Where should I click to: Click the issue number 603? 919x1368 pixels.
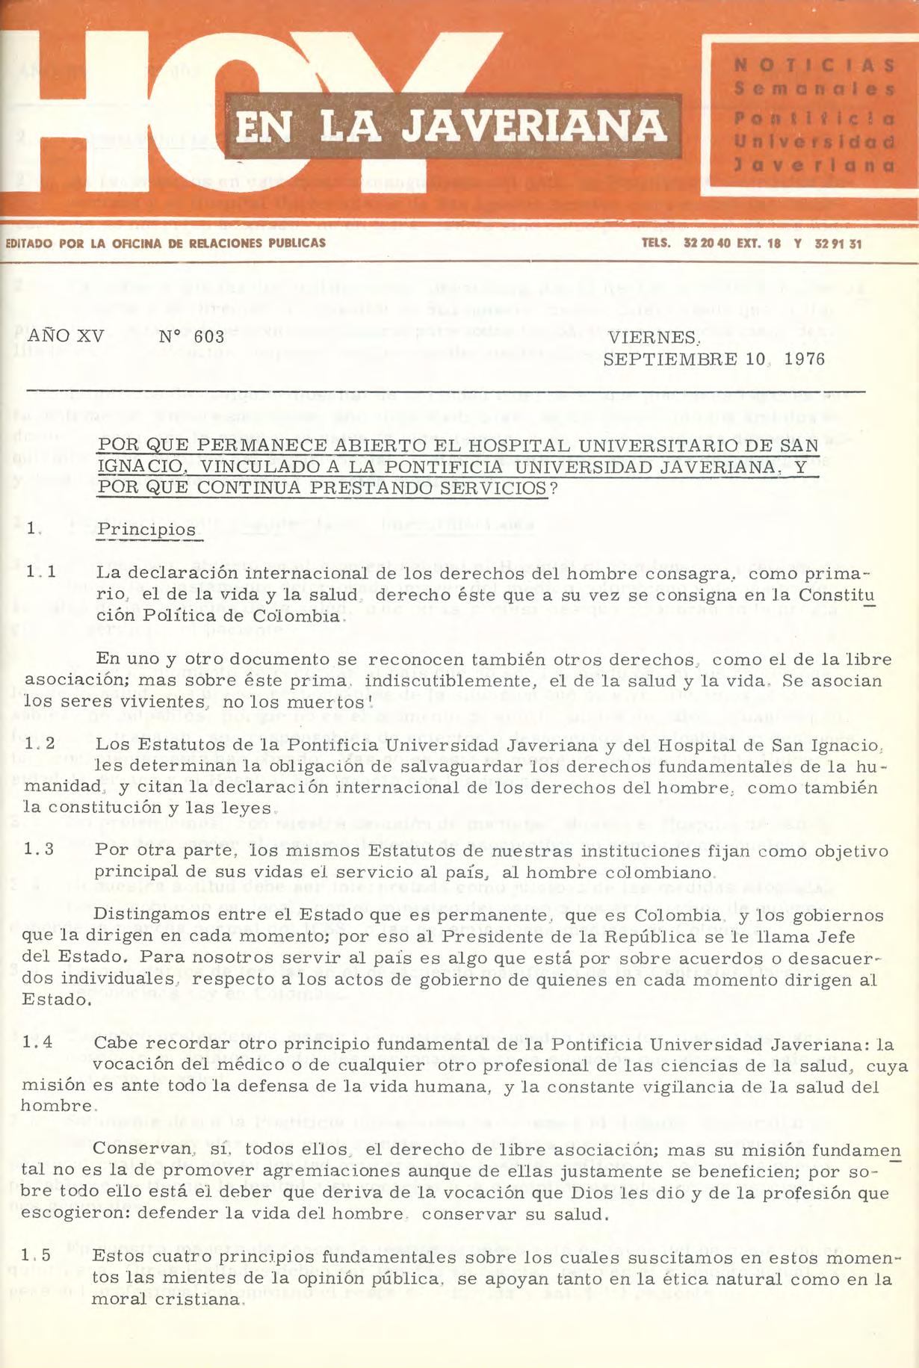point(208,337)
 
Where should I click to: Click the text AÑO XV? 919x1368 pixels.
point(66,336)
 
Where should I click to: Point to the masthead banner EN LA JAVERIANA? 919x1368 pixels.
point(451,126)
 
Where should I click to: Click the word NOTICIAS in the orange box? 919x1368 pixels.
point(814,66)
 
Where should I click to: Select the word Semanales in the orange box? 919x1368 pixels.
point(814,90)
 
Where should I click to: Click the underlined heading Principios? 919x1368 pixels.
point(146,530)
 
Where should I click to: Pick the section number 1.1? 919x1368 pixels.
point(39,572)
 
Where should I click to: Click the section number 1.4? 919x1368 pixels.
point(37,1042)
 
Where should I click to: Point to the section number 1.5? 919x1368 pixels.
point(36,1255)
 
